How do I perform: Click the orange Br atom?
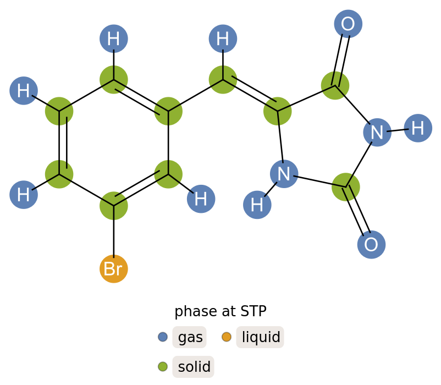pyautogui.click(x=114, y=269)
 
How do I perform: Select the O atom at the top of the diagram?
pyautogui.click(x=348, y=24)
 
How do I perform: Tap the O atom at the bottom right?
pyautogui.click(x=371, y=245)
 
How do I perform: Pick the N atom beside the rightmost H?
pyautogui.click(x=377, y=133)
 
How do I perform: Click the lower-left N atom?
pyautogui.click(x=284, y=174)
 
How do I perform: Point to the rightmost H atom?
pyautogui.click(x=418, y=128)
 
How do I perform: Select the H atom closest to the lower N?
pyautogui.click(x=257, y=205)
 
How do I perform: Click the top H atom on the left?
pyautogui.click(x=114, y=39)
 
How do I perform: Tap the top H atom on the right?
pyautogui.click(x=223, y=39)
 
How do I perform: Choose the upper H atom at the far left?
pyautogui.click(x=24, y=91)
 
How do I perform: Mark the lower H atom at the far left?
pyautogui.click(x=24, y=195)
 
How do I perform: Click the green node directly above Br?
pyautogui.click(x=114, y=206)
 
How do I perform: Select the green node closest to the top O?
pyautogui.click(x=335, y=85)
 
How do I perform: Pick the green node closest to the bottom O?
pyautogui.click(x=346, y=187)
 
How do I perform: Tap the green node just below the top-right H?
pyautogui.click(x=223, y=79)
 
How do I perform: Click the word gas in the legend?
pyautogui.click(x=190, y=337)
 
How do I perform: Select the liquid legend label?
pyautogui.click(x=261, y=337)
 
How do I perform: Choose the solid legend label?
pyautogui.click(x=194, y=367)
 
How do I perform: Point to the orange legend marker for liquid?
pyautogui.click(x=227, y=337)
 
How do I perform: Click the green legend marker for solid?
pyautogui.click(x=163, y=366)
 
